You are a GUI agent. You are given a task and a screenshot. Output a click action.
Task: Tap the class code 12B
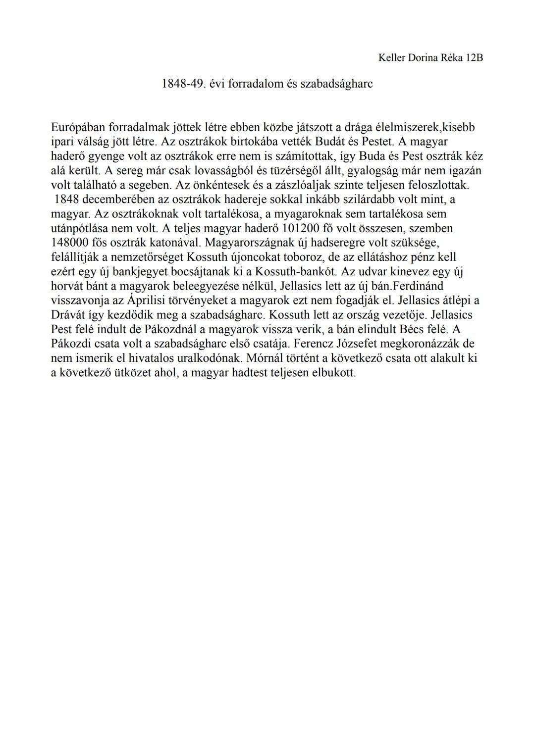click(x=474, y=58)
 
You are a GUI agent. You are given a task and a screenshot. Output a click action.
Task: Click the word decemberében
click(x=117, y=200)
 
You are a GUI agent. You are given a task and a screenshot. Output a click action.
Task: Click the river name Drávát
click(x=68, y=315)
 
